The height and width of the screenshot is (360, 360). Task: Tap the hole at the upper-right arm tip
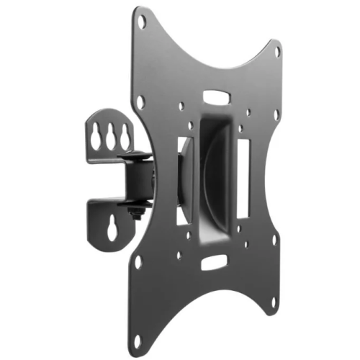coord(278,52)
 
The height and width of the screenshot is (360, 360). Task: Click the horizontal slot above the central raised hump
coord(214,96)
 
